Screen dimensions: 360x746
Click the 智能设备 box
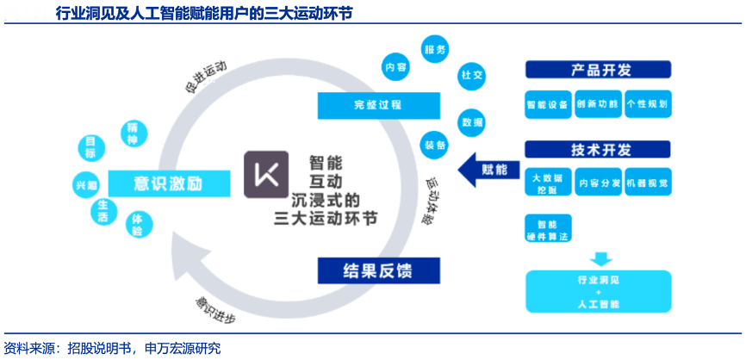tap(547, 104)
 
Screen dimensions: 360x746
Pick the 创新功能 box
tap(598, 104)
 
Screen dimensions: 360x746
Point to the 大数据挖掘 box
tap(547, 183)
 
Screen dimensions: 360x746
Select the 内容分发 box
tap(598, 183)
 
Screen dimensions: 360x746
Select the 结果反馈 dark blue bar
tap(379, 270)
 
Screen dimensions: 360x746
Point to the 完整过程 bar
tap(378, 105)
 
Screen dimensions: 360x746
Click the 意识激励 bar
tap(169, 183)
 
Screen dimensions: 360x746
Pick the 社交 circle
tap(472, 74)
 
